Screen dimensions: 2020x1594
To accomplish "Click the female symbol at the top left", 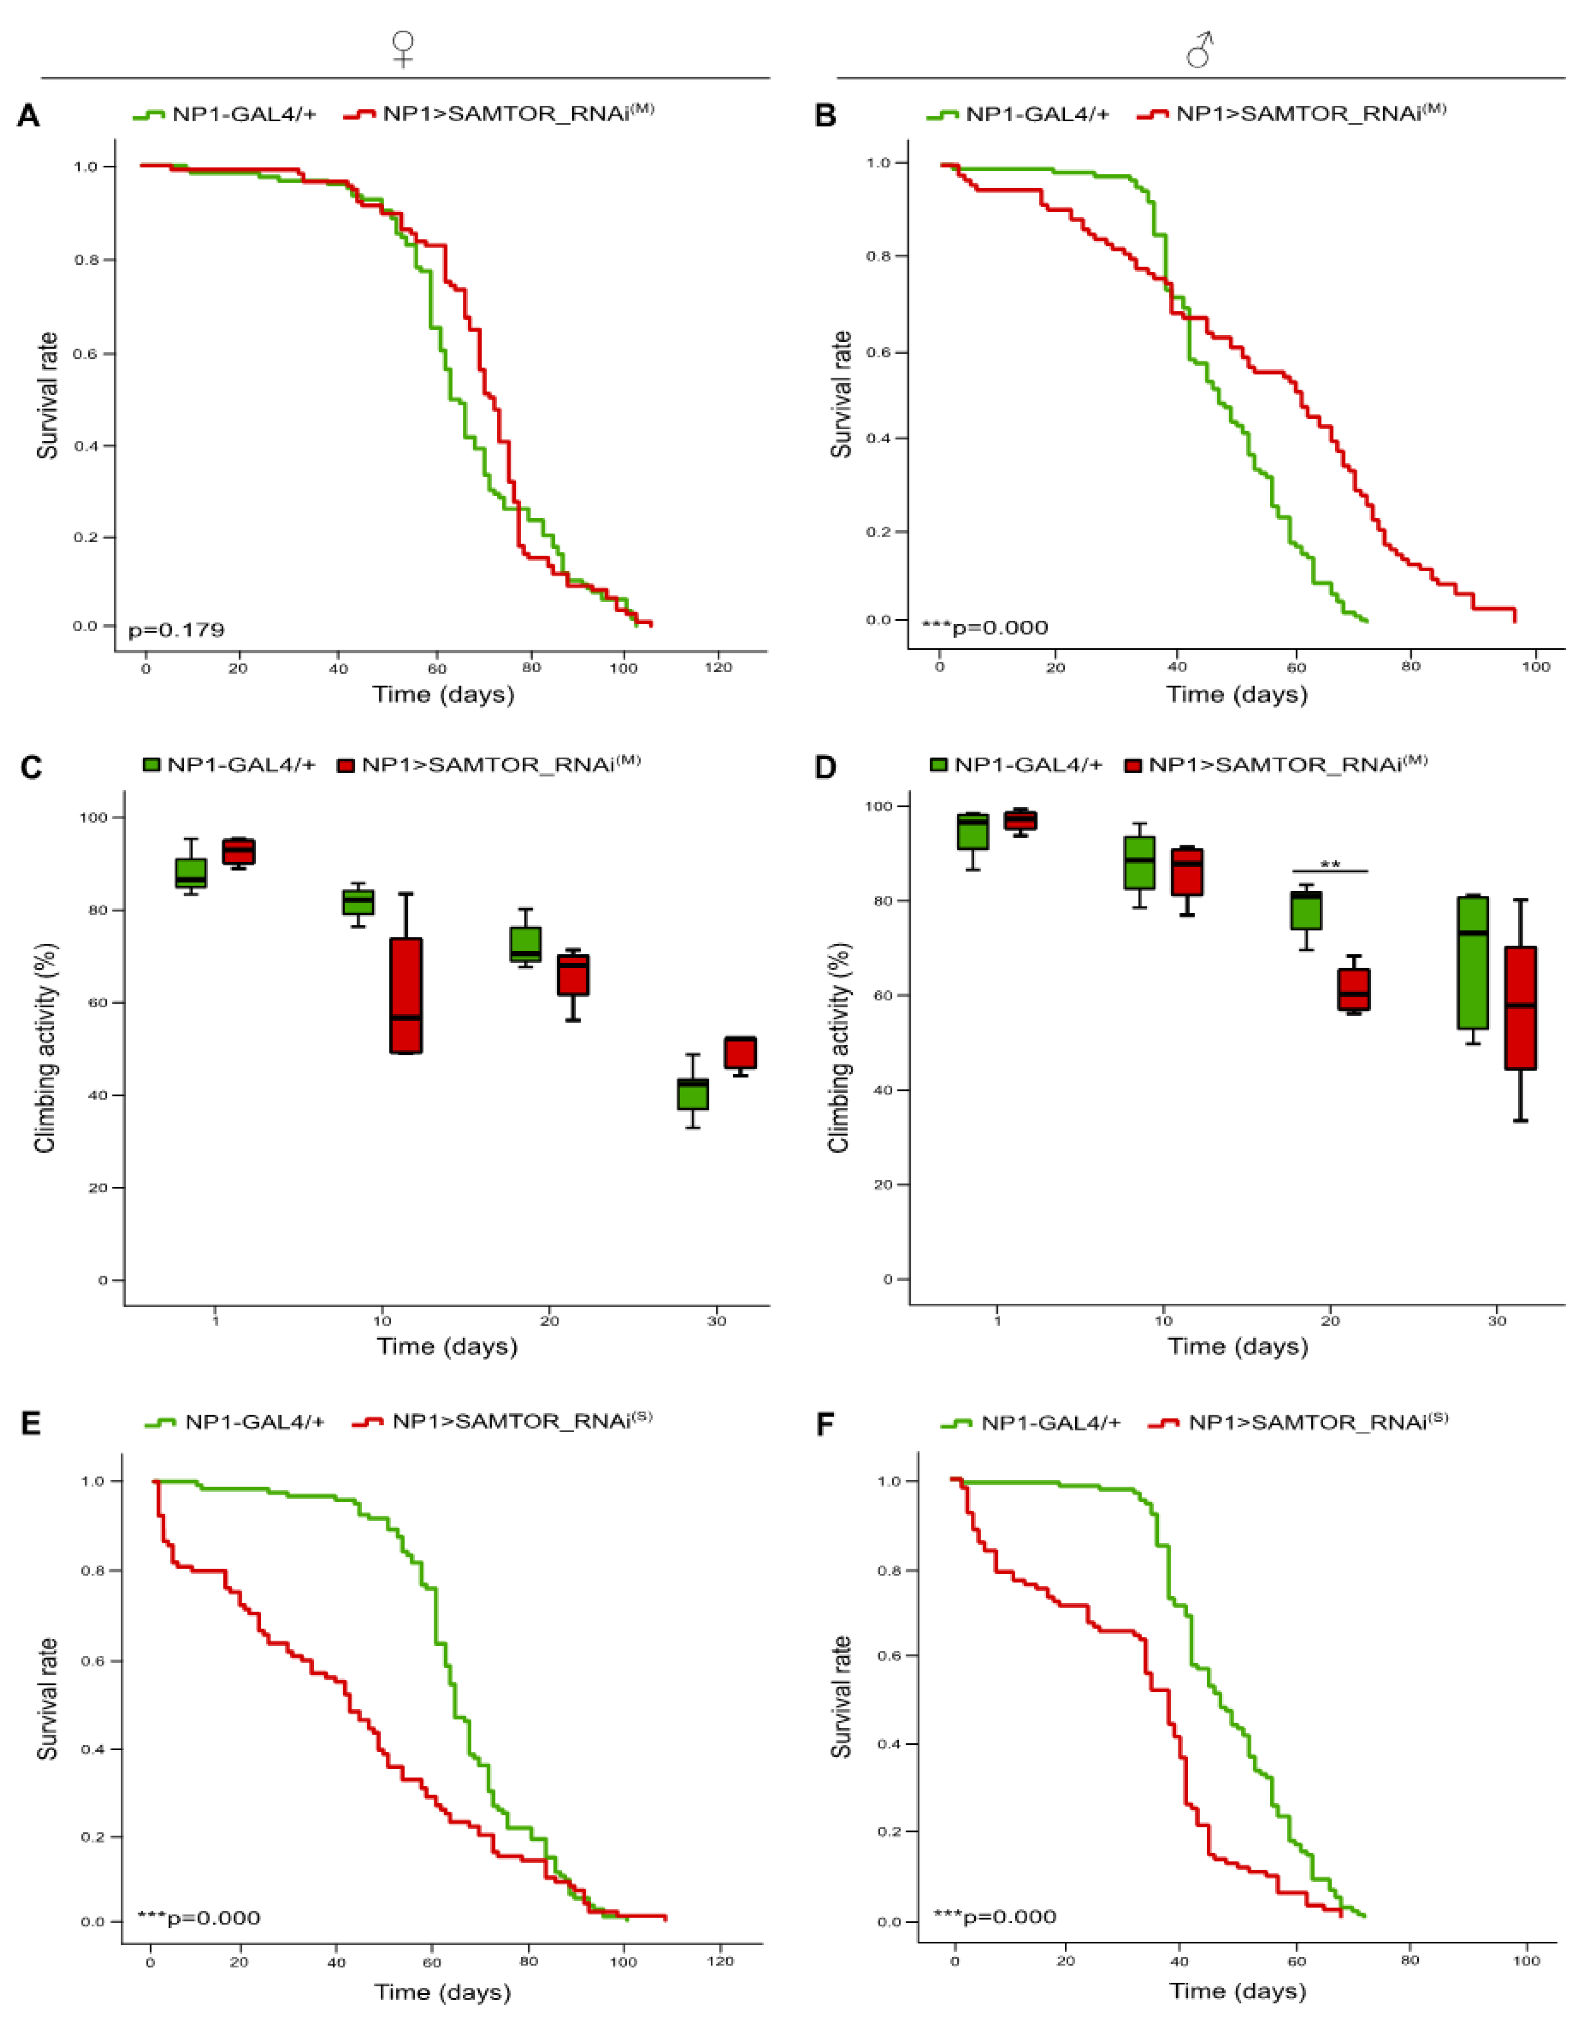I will click(x=403, y=49).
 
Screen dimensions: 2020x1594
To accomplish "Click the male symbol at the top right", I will click(x=1200, y=49).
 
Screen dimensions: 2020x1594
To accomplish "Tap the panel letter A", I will click(x=29, y=116).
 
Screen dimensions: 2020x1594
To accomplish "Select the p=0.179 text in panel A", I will click(x=176, y=630).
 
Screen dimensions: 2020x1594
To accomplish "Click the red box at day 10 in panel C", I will click(x=406, y=995).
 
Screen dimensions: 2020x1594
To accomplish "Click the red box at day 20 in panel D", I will click(x=1354, y=989).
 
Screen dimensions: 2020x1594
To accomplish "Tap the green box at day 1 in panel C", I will click(x=191, y=872).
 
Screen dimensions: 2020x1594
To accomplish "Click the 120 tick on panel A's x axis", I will click(x=718, y=668).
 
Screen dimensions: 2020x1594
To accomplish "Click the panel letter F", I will click(x=825, y=1426).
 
